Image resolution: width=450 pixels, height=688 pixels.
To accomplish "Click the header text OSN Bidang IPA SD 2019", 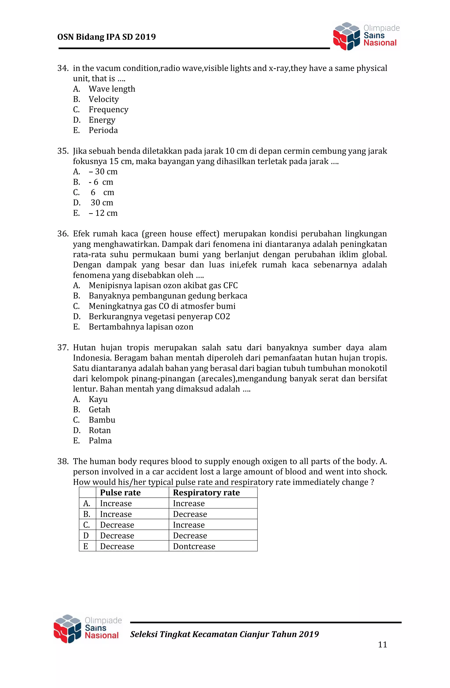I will pos(106,37).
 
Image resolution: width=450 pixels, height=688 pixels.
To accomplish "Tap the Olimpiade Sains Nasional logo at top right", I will pos(366,36).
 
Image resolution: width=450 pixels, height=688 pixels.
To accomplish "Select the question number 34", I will pos(63,68).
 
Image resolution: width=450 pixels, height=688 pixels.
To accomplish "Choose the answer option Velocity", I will pos(103,99).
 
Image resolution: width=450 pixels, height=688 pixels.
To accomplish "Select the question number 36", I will pos(63,234).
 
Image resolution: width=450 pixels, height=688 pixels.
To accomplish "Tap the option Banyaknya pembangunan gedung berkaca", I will pos(168,296).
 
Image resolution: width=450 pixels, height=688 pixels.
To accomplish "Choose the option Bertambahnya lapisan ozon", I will pos(141,327).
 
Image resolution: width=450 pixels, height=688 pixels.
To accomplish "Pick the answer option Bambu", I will pos(102,420).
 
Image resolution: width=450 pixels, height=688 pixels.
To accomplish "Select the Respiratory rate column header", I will pos(206,493).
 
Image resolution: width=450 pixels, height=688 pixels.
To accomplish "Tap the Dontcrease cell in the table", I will pos(194,546).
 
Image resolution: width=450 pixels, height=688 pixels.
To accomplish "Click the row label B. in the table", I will pos(87,514).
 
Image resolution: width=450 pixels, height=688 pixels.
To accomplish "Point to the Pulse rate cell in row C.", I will pos(117,525).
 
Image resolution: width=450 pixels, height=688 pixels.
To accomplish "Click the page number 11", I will pos(382,645).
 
